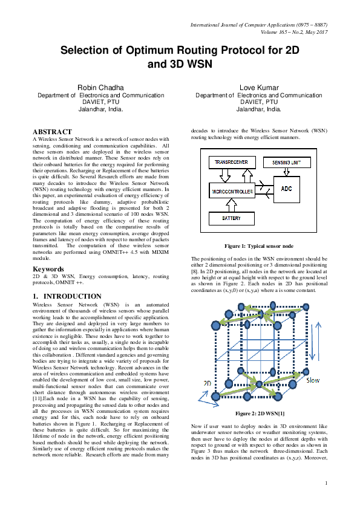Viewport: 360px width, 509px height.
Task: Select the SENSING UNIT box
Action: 286,163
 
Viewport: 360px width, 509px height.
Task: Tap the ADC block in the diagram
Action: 286,189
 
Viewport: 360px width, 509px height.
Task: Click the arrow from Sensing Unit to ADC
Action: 286,173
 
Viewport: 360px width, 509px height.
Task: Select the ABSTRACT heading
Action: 52,131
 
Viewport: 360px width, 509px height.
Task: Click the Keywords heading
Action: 49,268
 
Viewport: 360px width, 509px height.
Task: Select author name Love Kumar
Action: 258,88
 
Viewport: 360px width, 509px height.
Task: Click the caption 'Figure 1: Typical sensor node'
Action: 258,247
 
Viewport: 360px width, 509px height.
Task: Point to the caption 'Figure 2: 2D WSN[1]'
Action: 258,413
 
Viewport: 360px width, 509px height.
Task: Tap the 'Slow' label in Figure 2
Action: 313,381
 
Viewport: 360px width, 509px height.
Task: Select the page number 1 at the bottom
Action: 326,499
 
